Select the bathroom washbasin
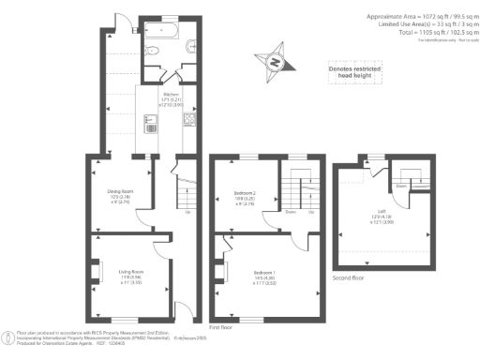pyautogui.click(x=190, y=44)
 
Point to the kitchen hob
pyautogui.click(x=188, y=119)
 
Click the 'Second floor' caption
pyautogui.click(x=349, y=278)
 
